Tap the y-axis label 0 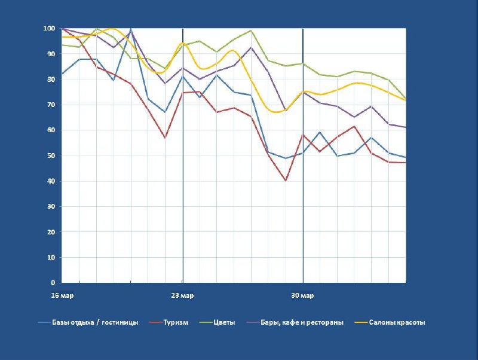coord(53,283)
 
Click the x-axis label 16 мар coord(62,295)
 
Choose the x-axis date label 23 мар coord(182,295)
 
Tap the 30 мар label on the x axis coord(303,295)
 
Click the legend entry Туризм coord(176,322)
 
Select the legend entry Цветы coord(225,322)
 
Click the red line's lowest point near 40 coord(286,180)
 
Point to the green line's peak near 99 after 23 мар coord(252,30)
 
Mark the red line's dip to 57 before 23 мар coord(166,138)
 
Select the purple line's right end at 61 coord(406,127)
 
